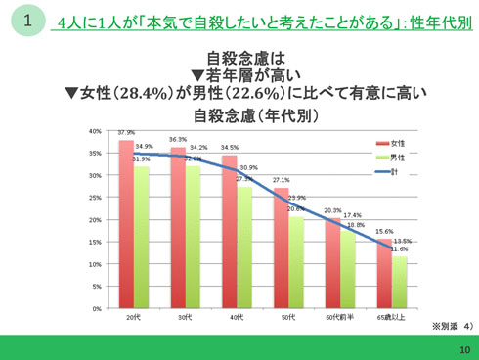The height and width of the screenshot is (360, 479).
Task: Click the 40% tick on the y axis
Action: [x=94, y=130]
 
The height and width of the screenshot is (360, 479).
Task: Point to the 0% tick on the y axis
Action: [x=96, y=308]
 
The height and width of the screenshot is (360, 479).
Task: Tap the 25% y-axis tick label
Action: [x=94, y=197]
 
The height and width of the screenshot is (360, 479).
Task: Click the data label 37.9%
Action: [x=126, y=132]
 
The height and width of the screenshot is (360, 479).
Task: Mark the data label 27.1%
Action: [x=281, y=180]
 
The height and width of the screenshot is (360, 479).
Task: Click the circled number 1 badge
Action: [x=27, y=21]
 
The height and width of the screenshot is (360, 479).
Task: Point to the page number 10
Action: [x=463, y=349]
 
